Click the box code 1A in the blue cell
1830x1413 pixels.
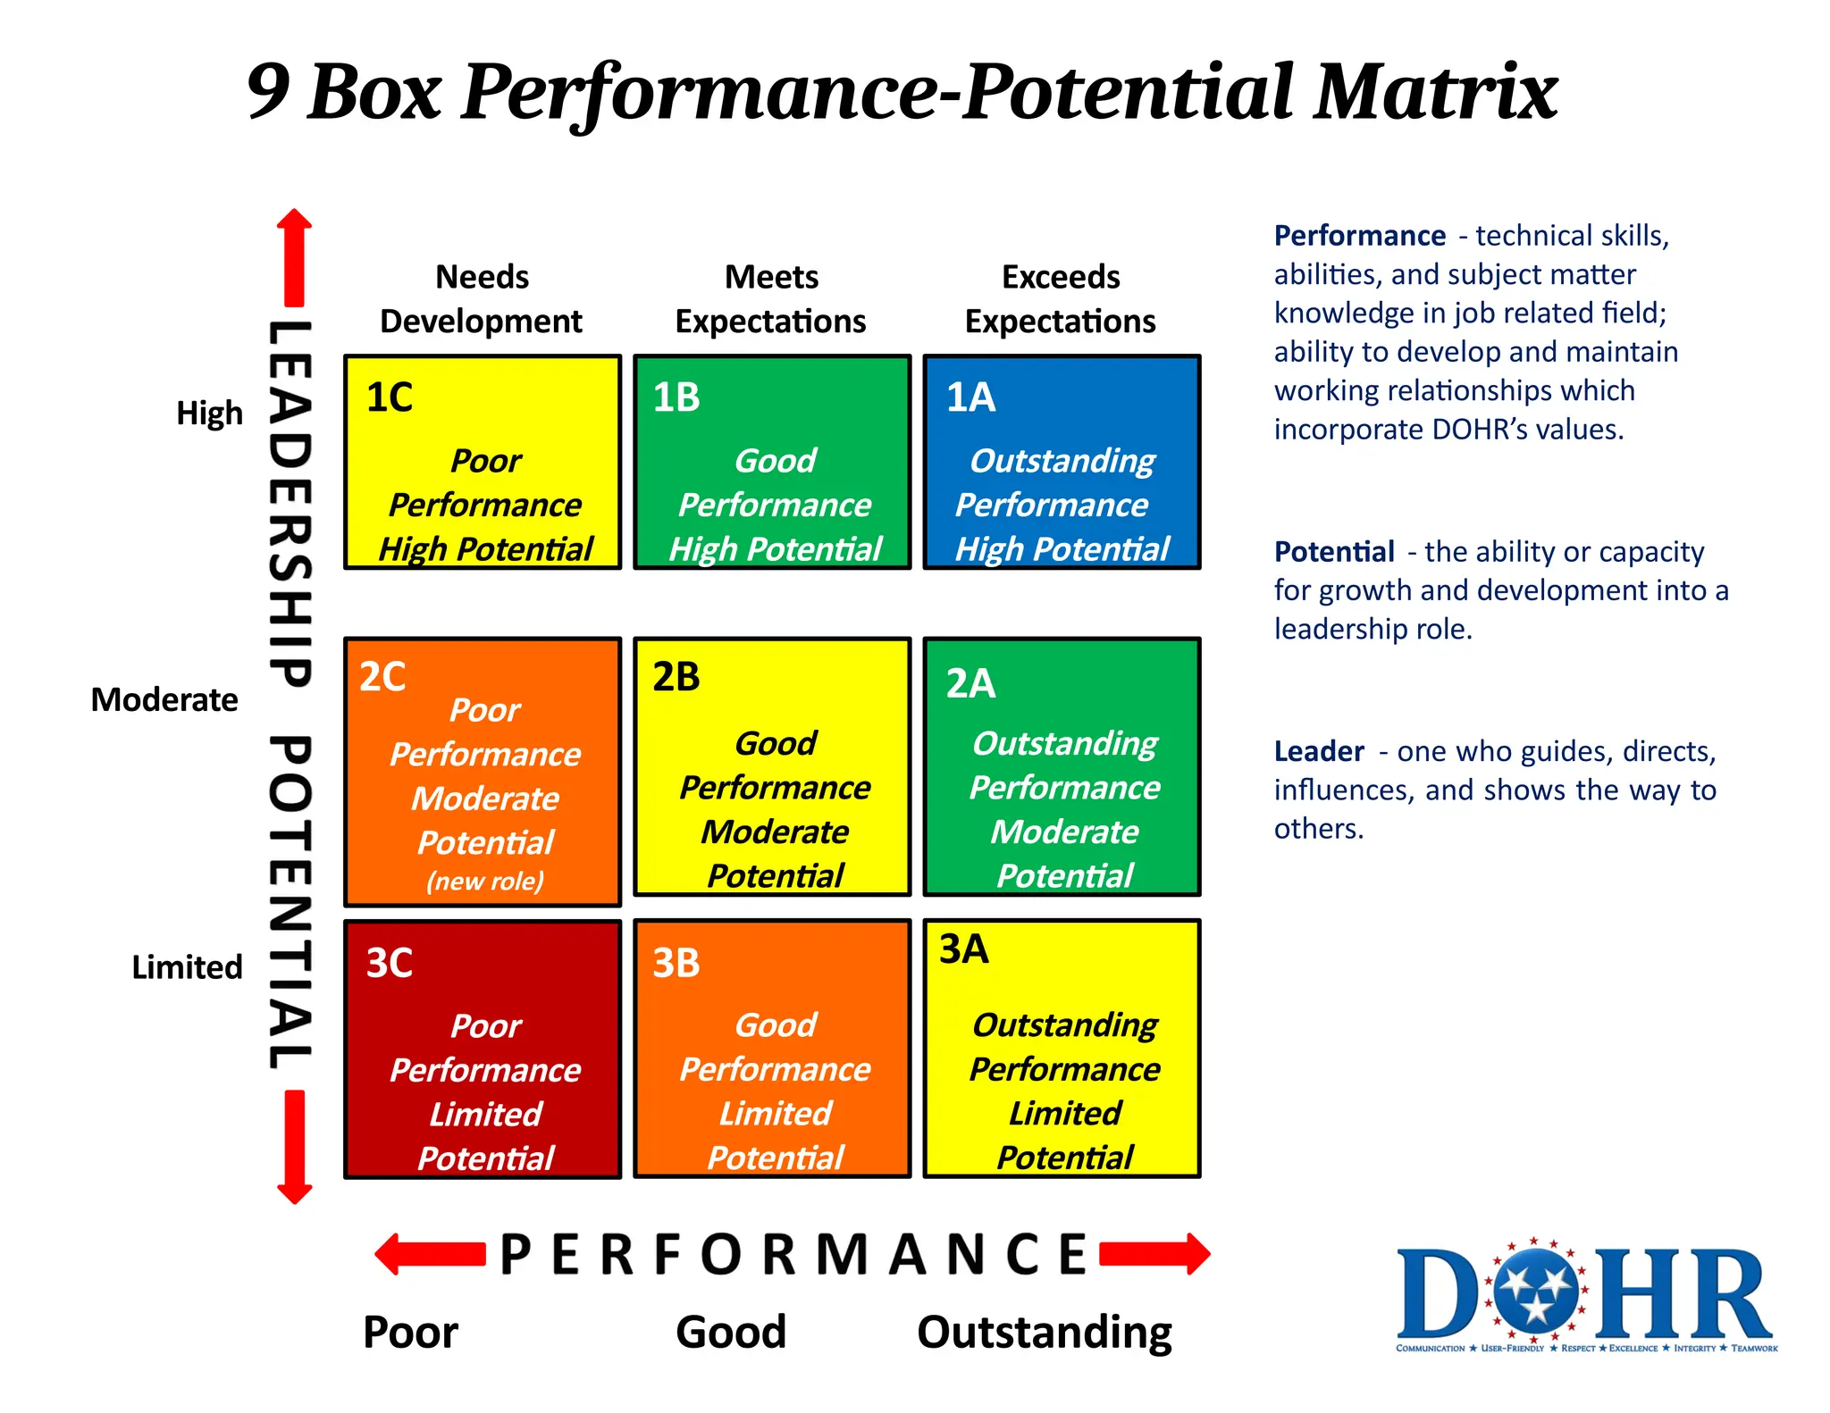pos(970,397)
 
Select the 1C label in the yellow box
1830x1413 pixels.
pos(390,397)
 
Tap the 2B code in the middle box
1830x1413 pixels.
pos(676,677)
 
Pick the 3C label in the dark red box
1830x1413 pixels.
pos(390,963)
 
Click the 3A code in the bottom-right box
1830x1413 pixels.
pos(963,949)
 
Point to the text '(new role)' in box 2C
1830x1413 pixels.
pos(485,882)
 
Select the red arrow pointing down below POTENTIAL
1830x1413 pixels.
pos(295,1147)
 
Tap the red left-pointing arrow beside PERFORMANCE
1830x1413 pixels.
pos(430,1254)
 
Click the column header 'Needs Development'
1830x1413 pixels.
pos(482,298)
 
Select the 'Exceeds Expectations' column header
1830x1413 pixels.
pos(1061,298)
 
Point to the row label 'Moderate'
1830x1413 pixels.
pos(164,699)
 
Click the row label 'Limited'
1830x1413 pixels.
pos(187,967)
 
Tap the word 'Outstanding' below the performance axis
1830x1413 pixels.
pos(1045,1332)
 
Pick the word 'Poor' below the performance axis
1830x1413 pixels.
pos(410,1332)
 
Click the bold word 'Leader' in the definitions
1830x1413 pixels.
pos(1319,751)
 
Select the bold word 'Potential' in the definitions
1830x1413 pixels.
pos(1334,552)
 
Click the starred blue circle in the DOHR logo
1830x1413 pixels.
pos(1536,1292)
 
